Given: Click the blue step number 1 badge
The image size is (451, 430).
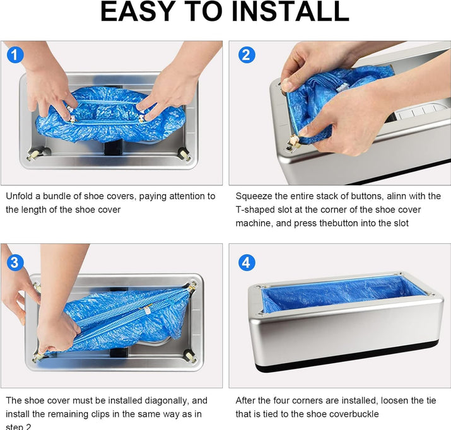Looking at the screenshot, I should (x=15, y=55).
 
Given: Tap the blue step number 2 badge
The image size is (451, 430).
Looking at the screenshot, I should (x=247, y=55).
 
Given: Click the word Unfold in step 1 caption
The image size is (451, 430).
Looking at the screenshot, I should (x=20, y=197).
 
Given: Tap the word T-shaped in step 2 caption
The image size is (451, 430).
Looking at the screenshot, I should (x=256, y=210).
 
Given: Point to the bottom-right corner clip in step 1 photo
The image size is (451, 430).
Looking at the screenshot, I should (x=184, y=153).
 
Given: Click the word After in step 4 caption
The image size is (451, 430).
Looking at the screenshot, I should (x=247, y=400).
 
